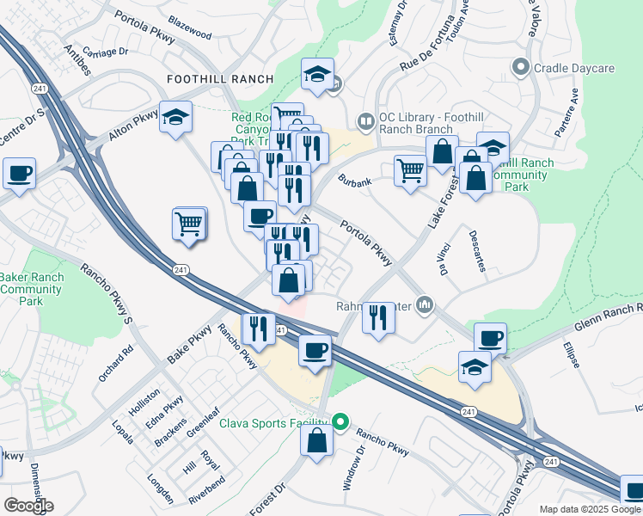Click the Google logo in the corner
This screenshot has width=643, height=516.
coord(28,506)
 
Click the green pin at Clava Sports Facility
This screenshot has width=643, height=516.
coord(340,421)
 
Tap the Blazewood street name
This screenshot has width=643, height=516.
coord(190,34)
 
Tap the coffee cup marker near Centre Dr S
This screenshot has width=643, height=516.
coord(19,175)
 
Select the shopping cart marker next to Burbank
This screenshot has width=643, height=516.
coord(411,170)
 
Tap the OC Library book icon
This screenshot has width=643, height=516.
coord(366,121)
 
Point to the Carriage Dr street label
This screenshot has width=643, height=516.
coord(107,52)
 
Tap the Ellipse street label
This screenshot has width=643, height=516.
coord(572,356)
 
